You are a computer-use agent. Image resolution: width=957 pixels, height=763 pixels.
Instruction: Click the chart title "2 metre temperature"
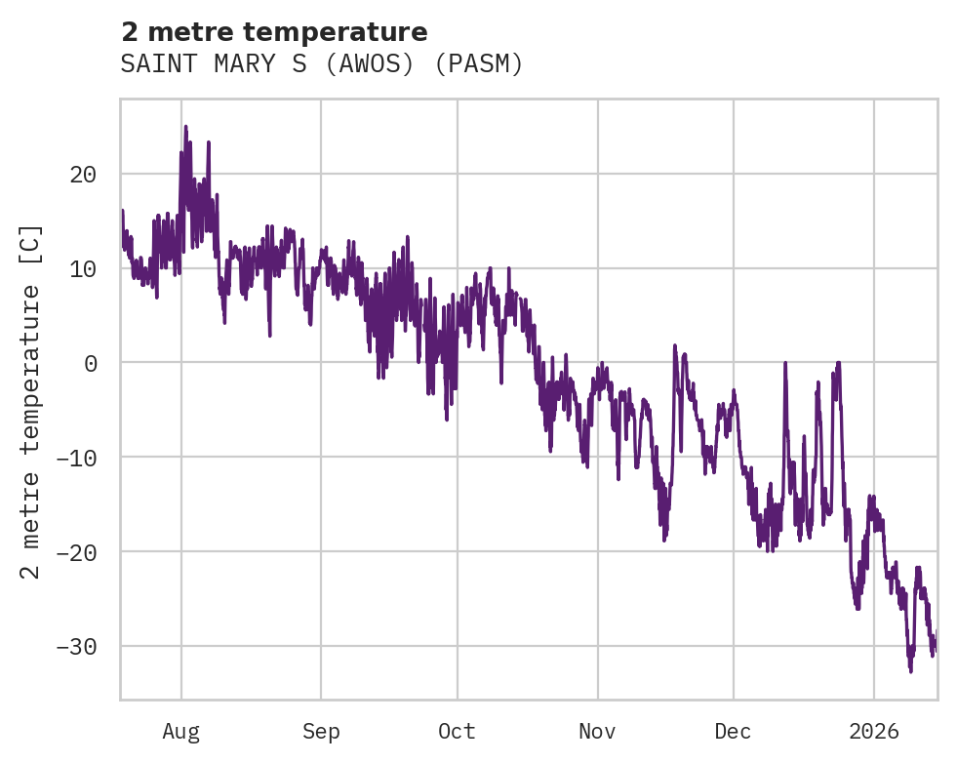(274, 32)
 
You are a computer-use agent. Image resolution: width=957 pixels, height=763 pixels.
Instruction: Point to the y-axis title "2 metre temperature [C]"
(32, 401)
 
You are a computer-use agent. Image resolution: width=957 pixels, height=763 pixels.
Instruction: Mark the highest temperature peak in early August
(185, 127)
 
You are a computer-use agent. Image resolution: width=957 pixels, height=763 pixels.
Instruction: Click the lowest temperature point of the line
(910, 671)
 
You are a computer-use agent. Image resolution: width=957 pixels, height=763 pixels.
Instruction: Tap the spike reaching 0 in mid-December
(784, 363)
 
